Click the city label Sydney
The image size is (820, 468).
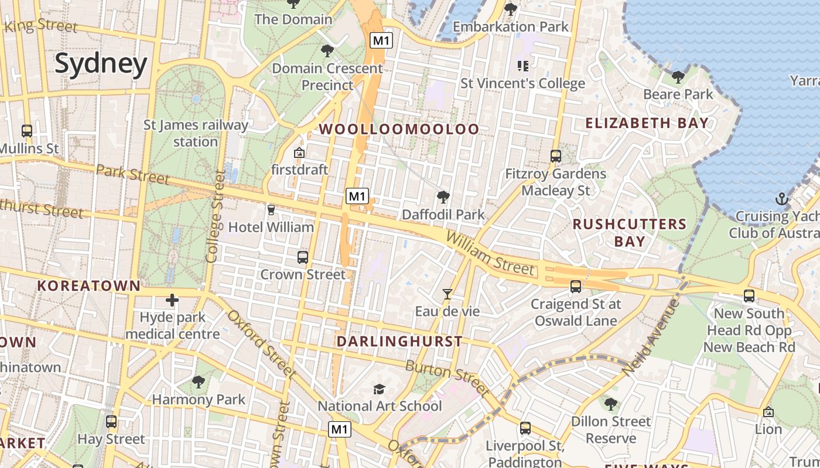click(101, 64)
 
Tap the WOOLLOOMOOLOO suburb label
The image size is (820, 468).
click(399, 129)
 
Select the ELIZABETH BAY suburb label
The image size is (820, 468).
click(647, 123)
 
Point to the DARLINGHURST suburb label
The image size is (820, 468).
click(399, 341)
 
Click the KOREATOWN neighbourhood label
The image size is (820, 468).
click(88, 286)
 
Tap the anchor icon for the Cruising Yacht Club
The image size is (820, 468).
click(781, 199)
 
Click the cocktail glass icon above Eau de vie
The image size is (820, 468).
click(447, 294)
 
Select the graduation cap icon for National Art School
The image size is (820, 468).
click(380, 389)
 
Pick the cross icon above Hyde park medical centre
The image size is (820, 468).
click(172, 301)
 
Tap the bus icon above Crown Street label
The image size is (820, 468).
click(303, 257)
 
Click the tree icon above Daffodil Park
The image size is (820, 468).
click(443, 197)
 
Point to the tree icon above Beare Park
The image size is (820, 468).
click(678, 77)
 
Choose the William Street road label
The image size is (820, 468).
click(490, 253)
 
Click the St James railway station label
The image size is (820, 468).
click(196, 133)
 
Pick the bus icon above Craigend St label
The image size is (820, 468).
click(576, 287)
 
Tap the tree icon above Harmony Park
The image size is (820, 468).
click(199, 382)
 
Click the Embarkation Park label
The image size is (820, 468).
click(511, 26)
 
